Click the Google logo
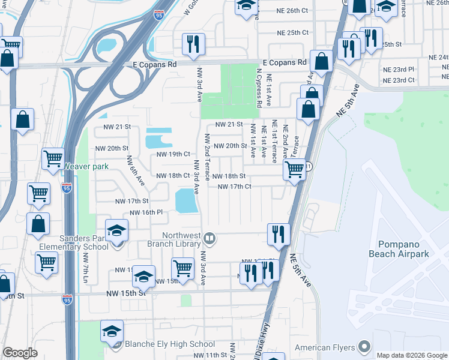(x=20, y=353)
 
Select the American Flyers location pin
(x=364, y=346)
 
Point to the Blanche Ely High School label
(x=169, y=344)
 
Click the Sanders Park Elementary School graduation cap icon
(x=116, y=230)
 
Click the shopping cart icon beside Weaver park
(x=53, y=159)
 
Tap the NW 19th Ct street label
(x=173, y=154)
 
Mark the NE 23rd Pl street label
(x=399, y=70)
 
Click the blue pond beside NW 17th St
(x=186, y=200)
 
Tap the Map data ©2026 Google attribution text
(x=411, y=355)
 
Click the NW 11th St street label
(x=209, y=355)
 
